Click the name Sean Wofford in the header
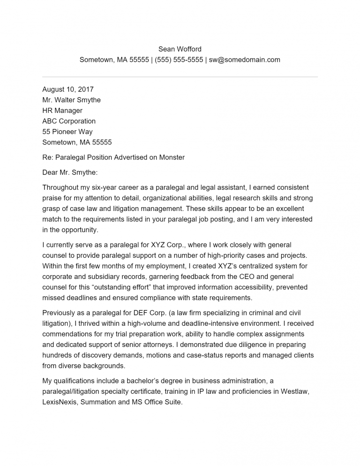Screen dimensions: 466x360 180,49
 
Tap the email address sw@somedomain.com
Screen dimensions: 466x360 244,60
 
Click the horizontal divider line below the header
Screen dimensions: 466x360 180,77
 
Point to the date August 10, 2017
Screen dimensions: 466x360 68,89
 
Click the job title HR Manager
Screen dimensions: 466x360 62,111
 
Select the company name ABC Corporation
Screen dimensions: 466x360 69,121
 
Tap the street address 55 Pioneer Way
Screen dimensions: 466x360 67,132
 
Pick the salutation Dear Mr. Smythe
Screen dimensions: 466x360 70,173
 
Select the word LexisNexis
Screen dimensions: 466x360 60,402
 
